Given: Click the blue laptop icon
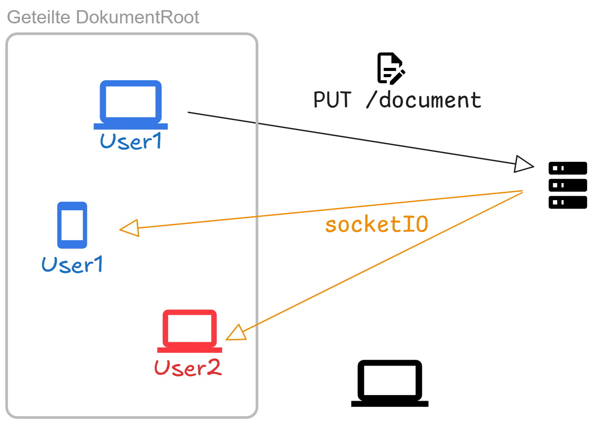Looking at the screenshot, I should [x=131, y=104].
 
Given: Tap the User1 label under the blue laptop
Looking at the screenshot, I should [x=131, y=142].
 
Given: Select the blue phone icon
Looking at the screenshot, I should [x=72, y=225].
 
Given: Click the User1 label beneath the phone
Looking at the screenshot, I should [x=71, y=264].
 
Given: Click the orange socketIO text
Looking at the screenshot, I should [x=376, y=225].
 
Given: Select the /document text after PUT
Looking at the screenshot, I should [x=424, y=101].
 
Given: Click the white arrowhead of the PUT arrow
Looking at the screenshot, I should [x=524, y=164].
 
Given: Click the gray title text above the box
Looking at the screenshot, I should [x=104, y=17].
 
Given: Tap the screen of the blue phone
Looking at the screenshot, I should [x=72, y=224].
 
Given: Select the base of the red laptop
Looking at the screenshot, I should [x=189, y=350].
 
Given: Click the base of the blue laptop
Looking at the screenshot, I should [x=131, y=126].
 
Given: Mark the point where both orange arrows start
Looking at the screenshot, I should [x=523, y=191].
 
